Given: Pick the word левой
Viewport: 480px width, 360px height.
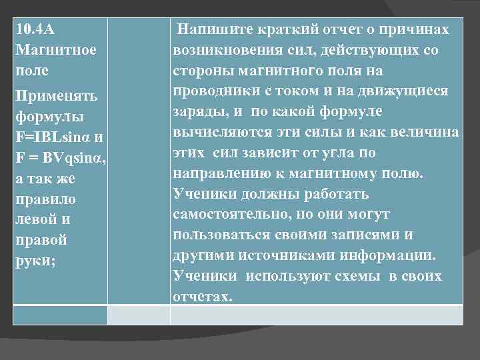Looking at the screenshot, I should (42, 219).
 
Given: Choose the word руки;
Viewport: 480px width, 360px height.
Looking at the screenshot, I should (36, 261).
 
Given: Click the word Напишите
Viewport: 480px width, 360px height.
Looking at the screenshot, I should (213, 30).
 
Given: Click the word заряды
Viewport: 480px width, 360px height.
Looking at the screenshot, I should (196, 112).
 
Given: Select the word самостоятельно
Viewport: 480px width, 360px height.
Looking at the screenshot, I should (230, 215).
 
